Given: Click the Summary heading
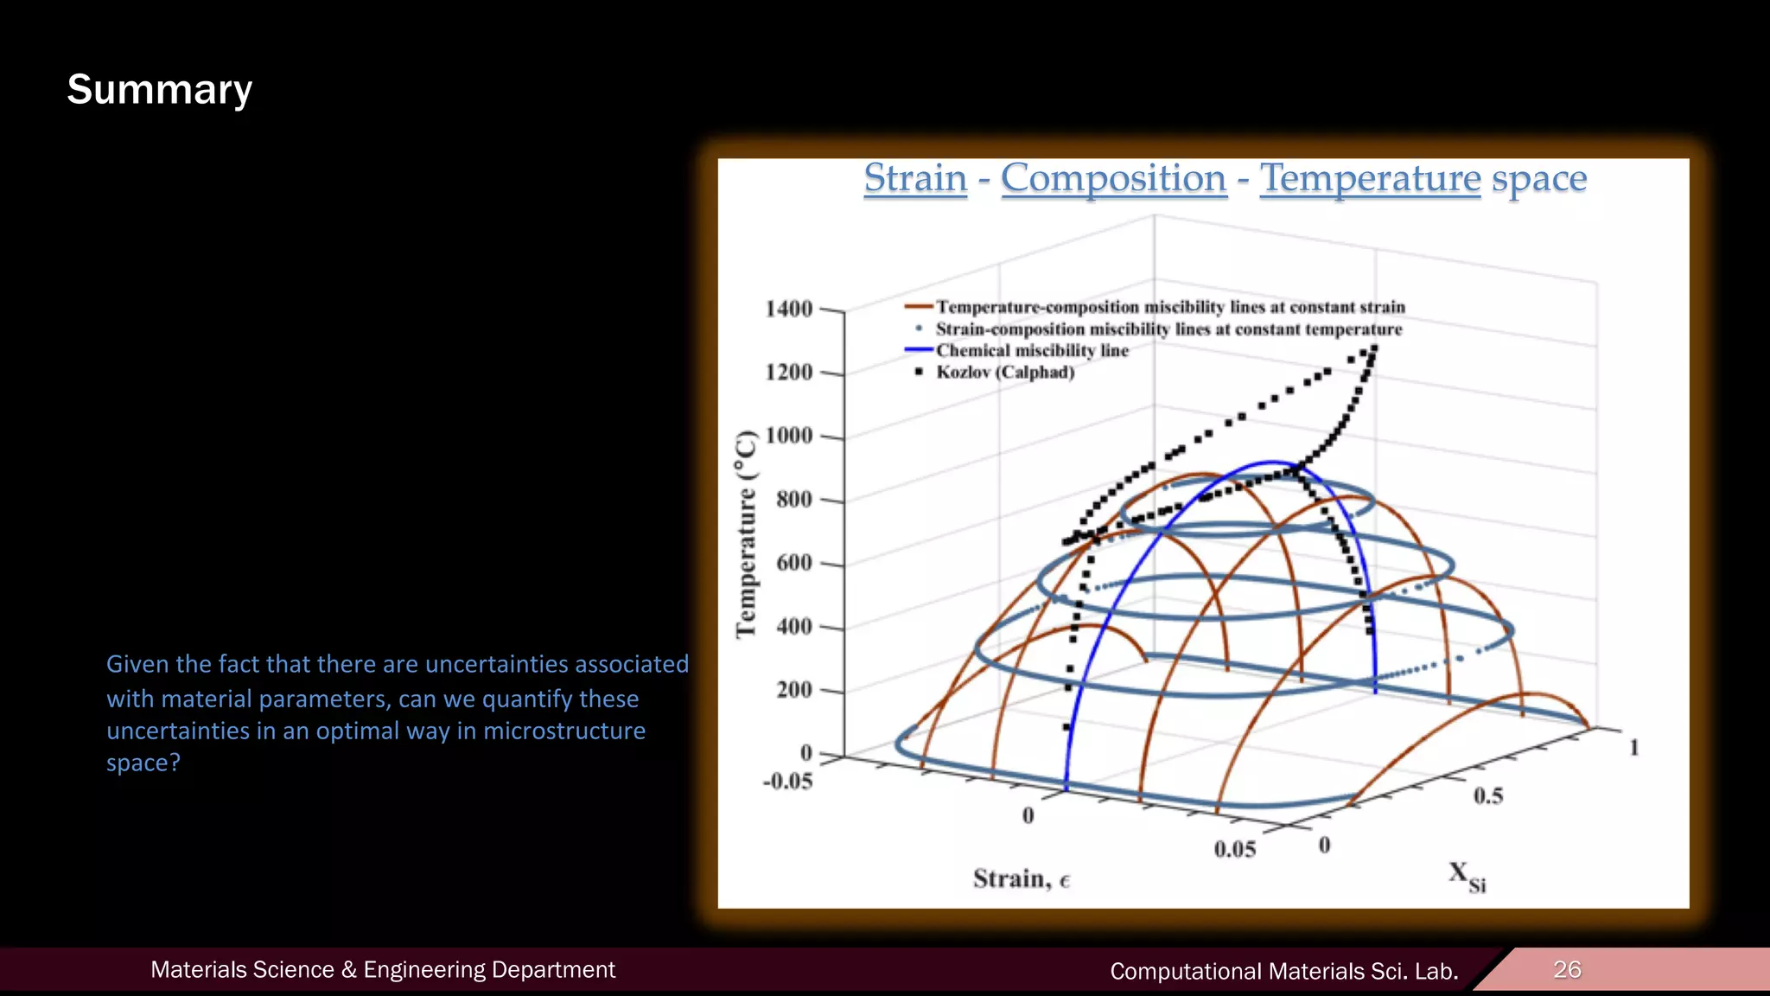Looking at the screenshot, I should coord(160,90).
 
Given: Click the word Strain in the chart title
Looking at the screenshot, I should coord(915,178).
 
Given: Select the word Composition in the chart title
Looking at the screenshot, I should coord(1113,178).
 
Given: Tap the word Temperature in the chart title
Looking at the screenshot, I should coord(1370,178).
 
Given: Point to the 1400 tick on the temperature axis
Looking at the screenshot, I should coord(789,309).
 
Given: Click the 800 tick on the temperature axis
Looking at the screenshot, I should coord(793,499).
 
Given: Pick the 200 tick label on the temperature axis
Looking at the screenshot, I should coord(793,690).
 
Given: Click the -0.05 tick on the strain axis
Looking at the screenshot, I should coord(787,782).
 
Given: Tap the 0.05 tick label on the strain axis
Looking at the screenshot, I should coord(1234,849).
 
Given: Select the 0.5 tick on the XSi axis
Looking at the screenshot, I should coord(1488,795).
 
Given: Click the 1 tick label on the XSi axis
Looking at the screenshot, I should coord(1633,747).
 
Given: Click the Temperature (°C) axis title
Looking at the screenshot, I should coord(746,534).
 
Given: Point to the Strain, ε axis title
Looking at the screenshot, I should coord(1021,879).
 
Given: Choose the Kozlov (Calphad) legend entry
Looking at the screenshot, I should coord(1005,373).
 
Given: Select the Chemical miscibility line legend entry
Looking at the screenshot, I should coord(1032,351).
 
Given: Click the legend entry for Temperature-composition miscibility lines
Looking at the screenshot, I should coord(1170,308).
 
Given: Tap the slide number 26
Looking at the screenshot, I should coord(1567,969).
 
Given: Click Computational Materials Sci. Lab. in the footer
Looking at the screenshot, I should coord(1283,971).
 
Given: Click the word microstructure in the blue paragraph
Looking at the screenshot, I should coord(563,731).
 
